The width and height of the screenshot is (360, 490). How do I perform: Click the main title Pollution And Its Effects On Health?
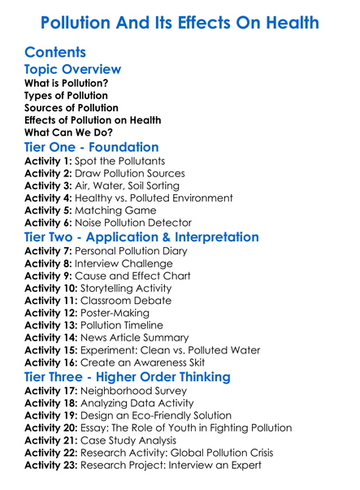[x=180, y=22]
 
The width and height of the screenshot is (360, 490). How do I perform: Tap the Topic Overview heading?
[x=73, y=69]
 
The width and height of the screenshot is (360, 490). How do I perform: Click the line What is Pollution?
[x=67, y=83]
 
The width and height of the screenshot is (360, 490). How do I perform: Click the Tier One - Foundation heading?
[x=92, y=148]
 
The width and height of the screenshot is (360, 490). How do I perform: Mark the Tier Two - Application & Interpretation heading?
[x=142, y=237]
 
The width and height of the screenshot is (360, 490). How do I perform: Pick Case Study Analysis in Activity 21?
[x=137, y=440]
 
